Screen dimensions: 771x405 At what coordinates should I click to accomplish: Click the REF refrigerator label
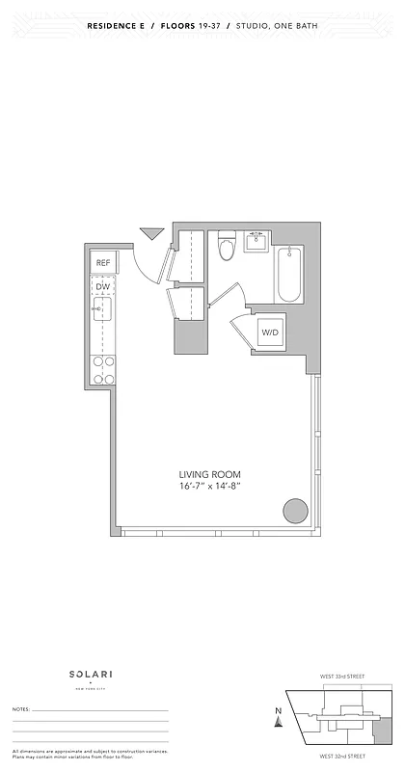coord(103,262)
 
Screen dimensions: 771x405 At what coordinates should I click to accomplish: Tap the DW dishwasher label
coord(102,286)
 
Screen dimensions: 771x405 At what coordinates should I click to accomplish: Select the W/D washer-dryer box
coord(269,333)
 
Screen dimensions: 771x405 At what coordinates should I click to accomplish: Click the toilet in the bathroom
coord(227,248)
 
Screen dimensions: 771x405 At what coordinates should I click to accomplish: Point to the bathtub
coord(288,274)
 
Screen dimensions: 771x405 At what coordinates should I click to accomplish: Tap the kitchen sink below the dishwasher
coord(102,310)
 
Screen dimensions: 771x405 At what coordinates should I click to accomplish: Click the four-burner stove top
coord(102,369)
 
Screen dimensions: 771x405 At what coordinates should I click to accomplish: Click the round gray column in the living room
coord(295,511)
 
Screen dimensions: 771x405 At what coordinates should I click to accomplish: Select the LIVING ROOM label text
coord(209,474)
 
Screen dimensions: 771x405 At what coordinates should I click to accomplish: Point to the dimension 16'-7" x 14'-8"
coord(209,487)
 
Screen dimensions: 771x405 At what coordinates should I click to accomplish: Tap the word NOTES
coord(20,709)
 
